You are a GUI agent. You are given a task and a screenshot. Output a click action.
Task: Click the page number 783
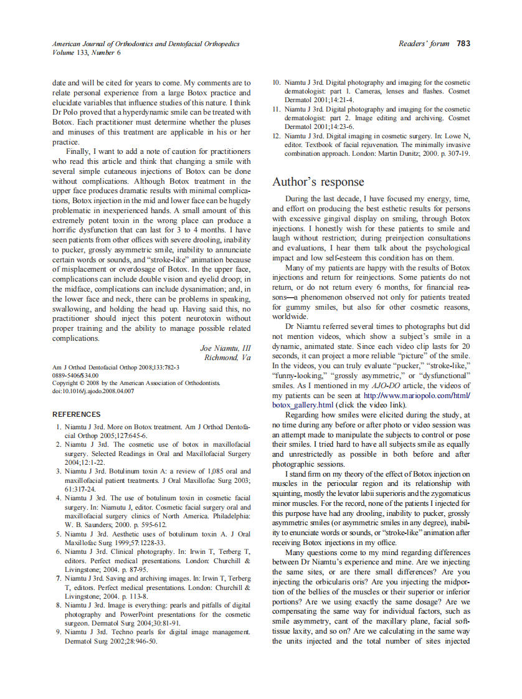coord(463,44)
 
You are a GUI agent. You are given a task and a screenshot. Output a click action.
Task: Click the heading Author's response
coord(318,182)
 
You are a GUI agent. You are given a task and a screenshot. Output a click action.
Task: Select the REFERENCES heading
coord(76,414)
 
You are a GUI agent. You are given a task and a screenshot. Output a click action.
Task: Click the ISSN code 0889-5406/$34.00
coord(75,376)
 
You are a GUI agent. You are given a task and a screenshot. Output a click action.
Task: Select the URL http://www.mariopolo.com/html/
coord(417,396)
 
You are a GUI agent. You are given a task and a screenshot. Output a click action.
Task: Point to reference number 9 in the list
coord(58,632)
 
